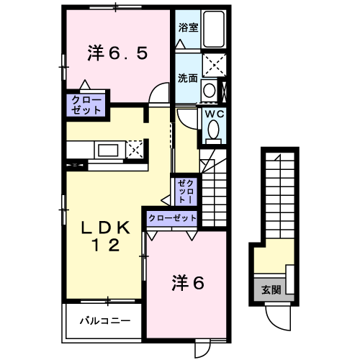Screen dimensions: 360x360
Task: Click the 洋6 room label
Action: tap(189, 282)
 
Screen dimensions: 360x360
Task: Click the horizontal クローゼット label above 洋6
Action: tap(172, 218)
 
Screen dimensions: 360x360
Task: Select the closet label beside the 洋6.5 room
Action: tap(86, 104)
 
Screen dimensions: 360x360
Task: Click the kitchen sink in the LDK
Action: tap(110, 150)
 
